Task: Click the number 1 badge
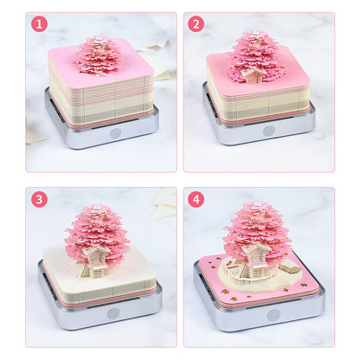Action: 39,23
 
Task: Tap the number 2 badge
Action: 196,23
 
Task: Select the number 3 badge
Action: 39,198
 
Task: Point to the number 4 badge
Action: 196,198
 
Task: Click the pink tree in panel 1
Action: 98,55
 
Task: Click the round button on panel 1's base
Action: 115,134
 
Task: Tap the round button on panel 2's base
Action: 268,131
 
